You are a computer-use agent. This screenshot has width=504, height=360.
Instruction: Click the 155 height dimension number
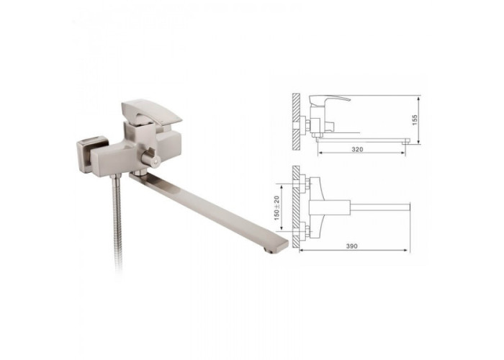(414, 120)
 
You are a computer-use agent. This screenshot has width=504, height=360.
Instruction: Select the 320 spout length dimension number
(357, 150)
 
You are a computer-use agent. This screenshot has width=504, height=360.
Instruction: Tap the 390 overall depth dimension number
(351, 246)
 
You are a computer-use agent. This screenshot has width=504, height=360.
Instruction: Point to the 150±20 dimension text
(276, 208)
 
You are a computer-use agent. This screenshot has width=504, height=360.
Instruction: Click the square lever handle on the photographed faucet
(151, 113)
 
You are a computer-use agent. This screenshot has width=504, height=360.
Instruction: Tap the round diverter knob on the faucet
(151, 158)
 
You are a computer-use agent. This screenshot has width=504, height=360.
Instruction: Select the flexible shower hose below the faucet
(117, 222)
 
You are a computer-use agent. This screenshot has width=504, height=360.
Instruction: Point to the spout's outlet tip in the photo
(269, 250)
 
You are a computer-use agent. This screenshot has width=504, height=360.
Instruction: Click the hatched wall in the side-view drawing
(296, 122)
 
